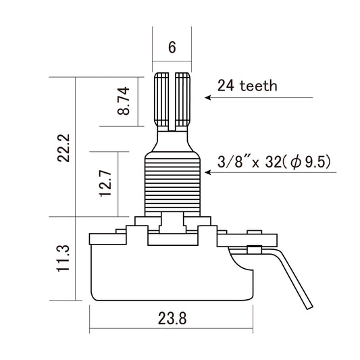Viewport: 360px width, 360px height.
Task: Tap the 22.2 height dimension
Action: click(64, 147)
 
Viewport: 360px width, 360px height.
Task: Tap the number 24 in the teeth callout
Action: click(225, 86)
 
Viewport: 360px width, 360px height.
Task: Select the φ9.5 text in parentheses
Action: click(311, 162)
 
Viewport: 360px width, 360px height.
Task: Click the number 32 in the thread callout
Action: click(270, 162)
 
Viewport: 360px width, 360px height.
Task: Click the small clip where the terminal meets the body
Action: click(255, 250)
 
